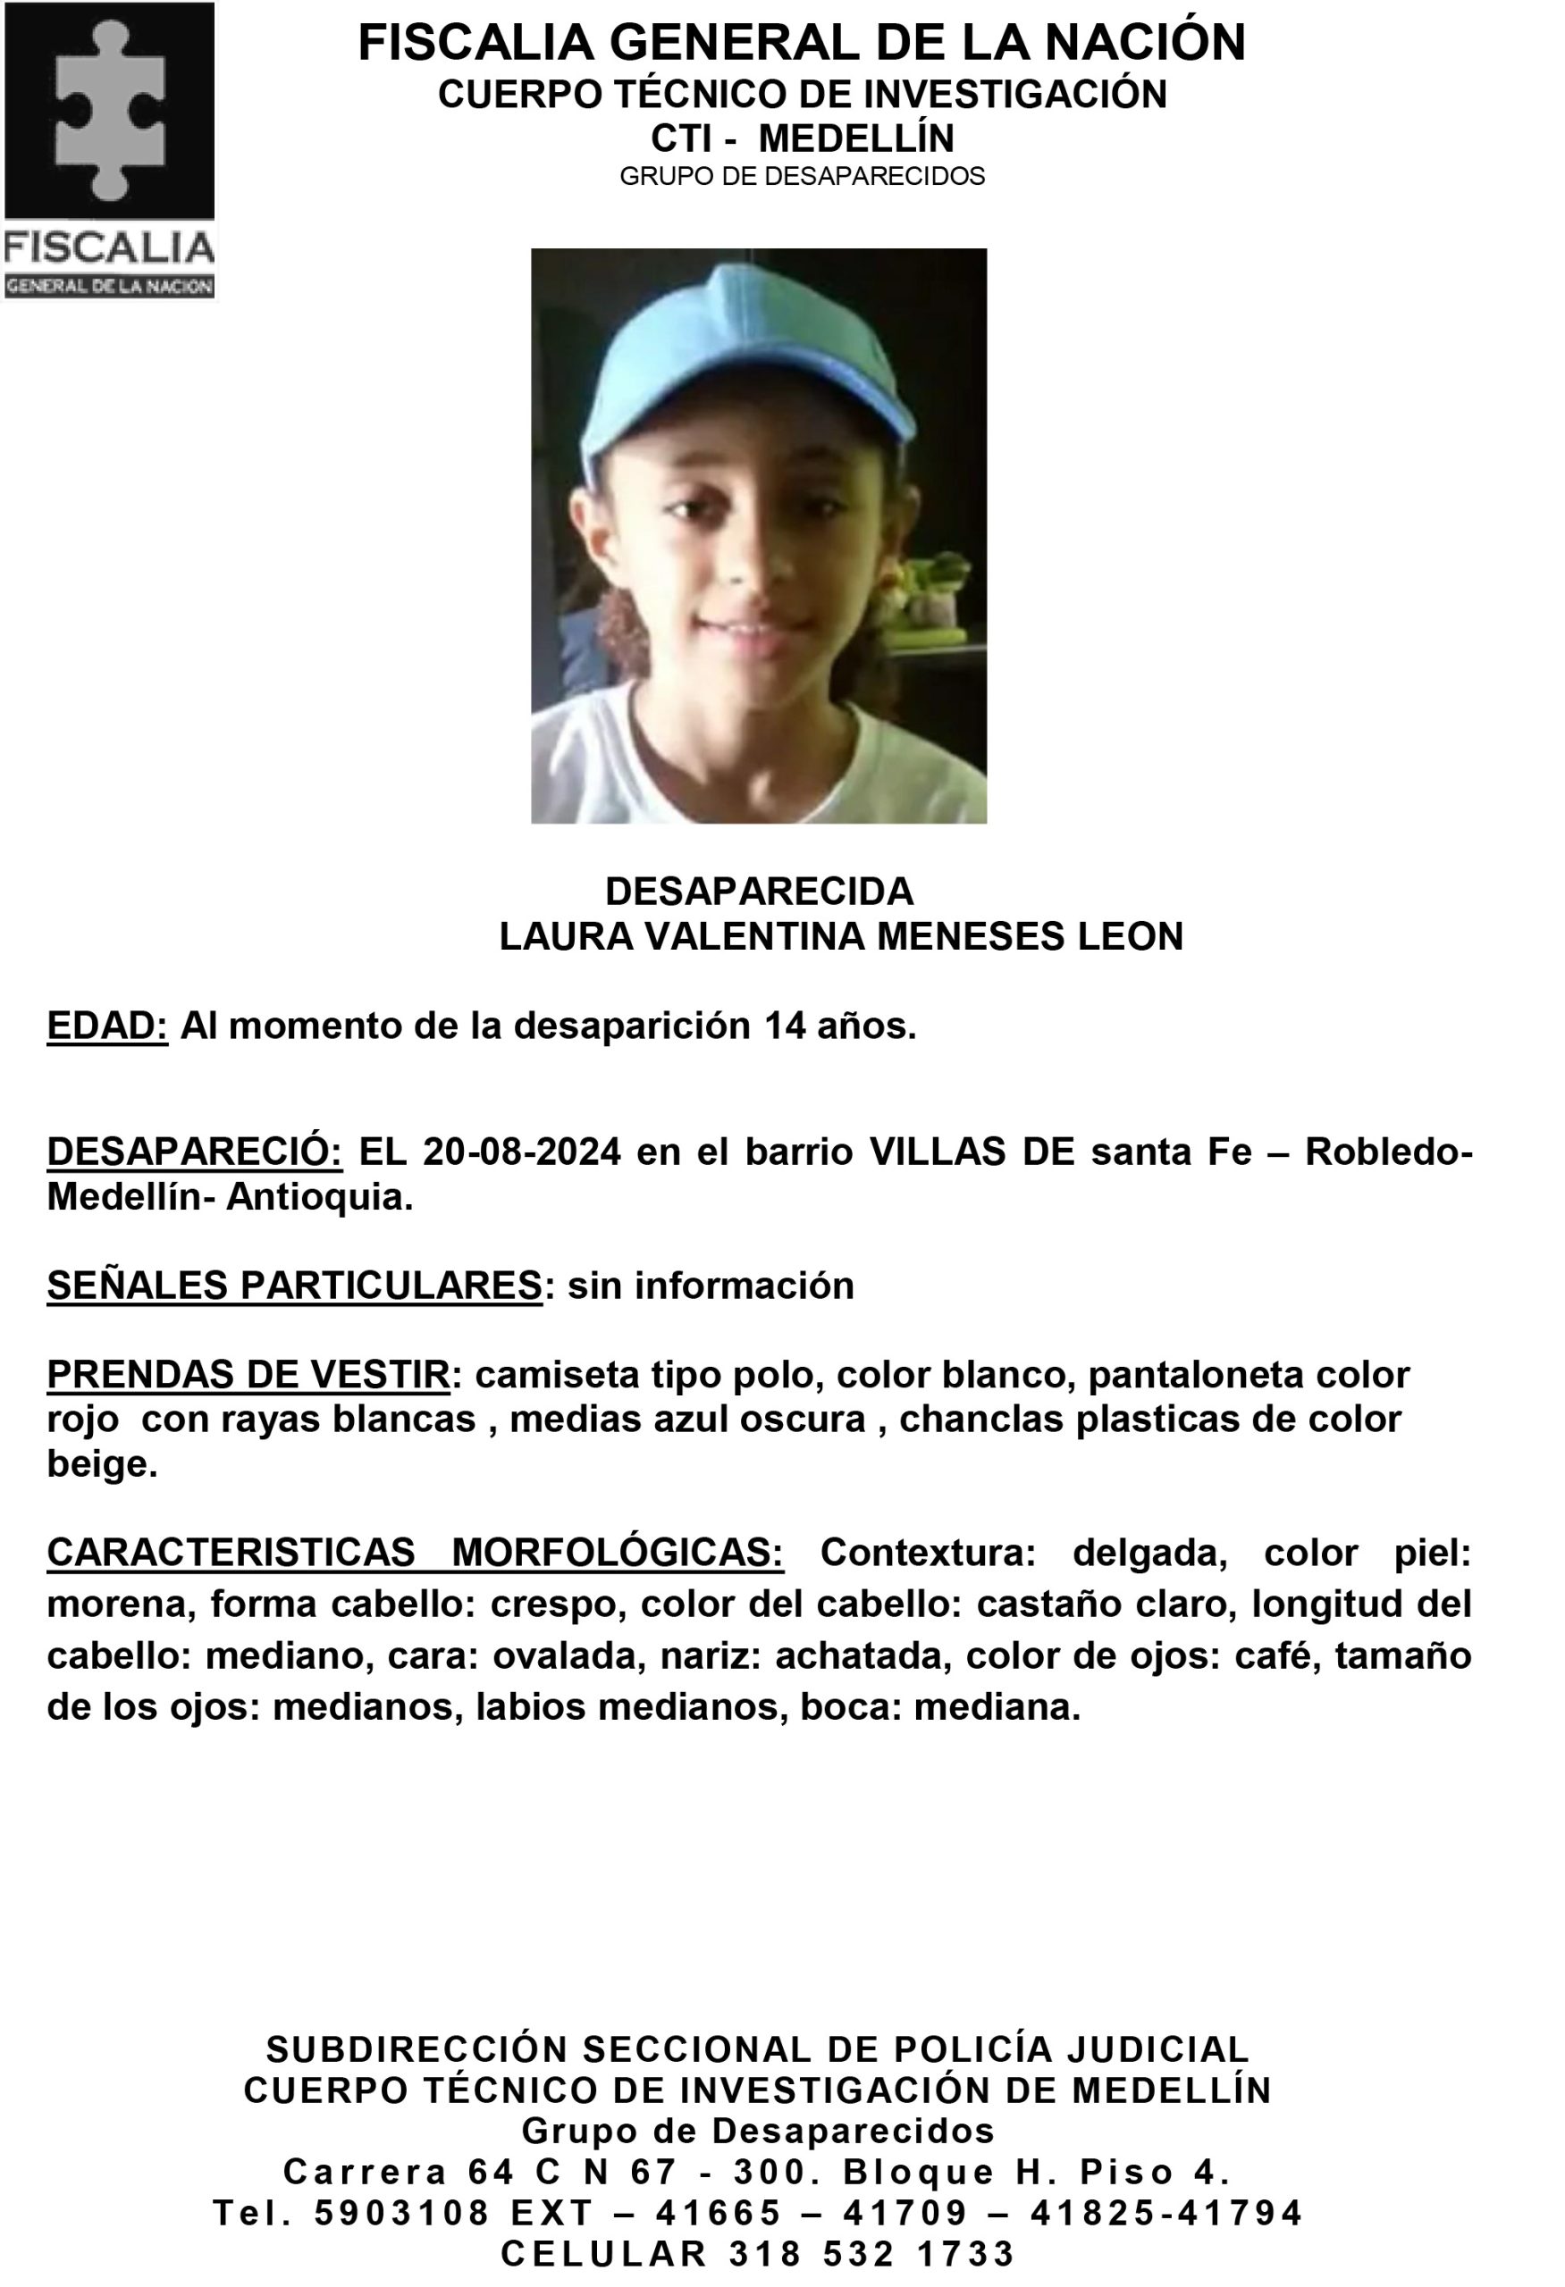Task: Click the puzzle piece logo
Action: (x=109, y=109)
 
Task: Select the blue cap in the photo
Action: (x=748, y=379)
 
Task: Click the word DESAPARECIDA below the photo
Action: (x=759, y=891)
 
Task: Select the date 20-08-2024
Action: (x=522, y=1151)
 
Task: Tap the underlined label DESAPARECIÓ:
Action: (x=194, y=1151)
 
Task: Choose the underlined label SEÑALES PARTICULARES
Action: (x=294, y=1286)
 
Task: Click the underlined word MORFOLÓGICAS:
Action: (x=616, y=1552)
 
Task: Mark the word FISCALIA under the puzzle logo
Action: (x=109, y=248)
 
